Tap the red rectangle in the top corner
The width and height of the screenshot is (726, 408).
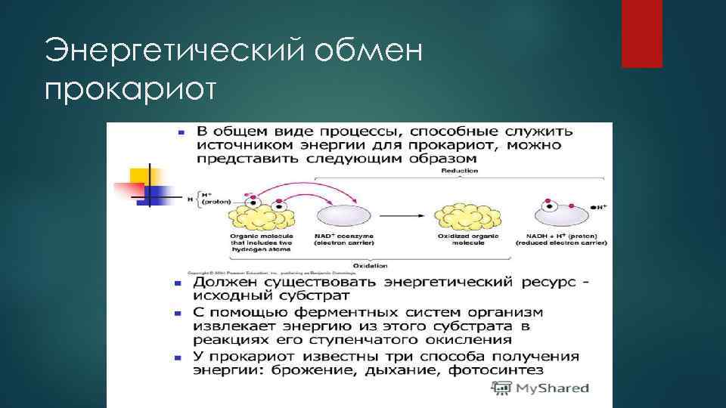641,33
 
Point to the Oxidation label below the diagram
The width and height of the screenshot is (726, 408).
370,266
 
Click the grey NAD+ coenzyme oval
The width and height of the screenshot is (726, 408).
344,217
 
